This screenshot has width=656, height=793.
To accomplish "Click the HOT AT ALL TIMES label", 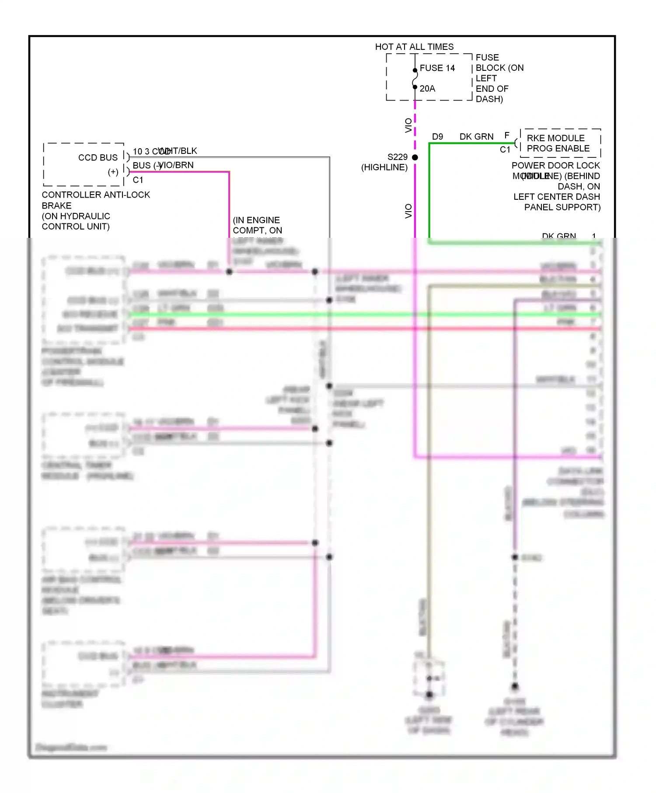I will coord(414,47).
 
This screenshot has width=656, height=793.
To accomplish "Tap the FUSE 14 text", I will coord(437,68).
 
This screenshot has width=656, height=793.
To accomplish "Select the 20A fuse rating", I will coord(427,89).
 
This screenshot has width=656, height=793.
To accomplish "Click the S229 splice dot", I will coord(415,157).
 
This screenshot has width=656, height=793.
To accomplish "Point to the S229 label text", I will coord(397,157).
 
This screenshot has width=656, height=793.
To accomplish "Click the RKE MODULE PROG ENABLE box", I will coord(560,143).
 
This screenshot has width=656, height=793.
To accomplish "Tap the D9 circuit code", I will coord(437,137).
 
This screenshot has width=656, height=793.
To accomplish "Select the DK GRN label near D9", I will coord(476,137).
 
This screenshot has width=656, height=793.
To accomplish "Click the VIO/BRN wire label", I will coord(176,165).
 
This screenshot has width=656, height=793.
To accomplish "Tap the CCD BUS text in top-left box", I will coord(98,158).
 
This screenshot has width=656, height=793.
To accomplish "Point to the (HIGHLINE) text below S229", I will coord(384,167).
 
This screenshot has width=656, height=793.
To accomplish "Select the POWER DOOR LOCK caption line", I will coord(555,166).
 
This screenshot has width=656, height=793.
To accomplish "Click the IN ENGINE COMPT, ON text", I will coord(257,225).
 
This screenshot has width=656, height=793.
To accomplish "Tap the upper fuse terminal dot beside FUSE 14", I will coord(415,70).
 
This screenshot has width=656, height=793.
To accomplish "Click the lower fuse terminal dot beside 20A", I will coord(415,87).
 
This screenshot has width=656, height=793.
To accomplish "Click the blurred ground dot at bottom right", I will coord(515,686).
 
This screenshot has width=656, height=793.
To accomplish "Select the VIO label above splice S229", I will coord(408,125).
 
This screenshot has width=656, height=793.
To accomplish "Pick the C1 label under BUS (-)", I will coord(138,180).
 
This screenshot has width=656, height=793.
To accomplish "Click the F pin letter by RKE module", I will coord(507,136).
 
